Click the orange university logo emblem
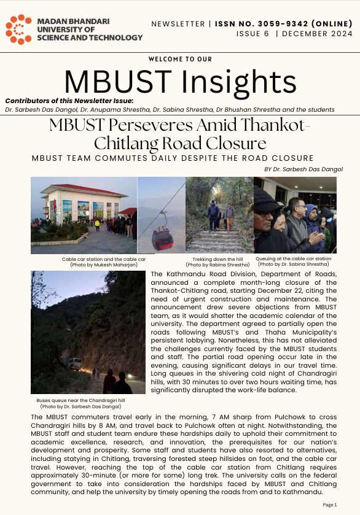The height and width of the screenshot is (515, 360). point(18,29)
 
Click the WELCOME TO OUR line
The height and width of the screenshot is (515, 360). point(179,59)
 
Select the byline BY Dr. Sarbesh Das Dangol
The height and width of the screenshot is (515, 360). point(303,169)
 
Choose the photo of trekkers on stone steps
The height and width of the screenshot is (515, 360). point(219,215)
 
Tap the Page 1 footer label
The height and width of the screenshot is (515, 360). point(330,505)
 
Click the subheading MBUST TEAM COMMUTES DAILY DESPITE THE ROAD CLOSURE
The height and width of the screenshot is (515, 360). point(172,158)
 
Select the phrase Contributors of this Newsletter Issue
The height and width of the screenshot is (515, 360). point(69,101)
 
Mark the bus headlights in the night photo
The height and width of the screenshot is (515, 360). point(96,371)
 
